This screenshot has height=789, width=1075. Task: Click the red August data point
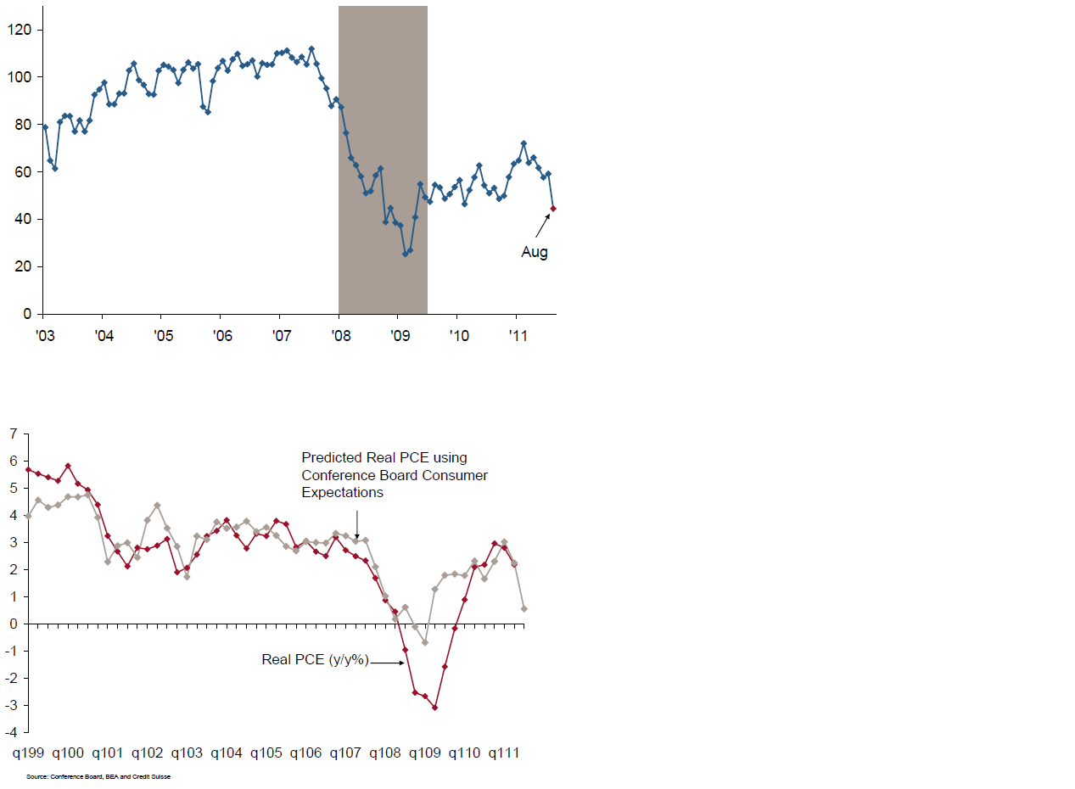[553, 208]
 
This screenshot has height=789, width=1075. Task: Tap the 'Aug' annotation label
[535, 252]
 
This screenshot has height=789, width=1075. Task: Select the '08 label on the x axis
[340, 336]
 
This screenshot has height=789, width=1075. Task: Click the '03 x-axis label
[44, 336]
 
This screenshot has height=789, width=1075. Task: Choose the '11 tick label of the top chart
[518, 336]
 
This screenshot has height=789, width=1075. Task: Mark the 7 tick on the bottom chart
[13, 434]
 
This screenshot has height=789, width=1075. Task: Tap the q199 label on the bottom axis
[29, 753]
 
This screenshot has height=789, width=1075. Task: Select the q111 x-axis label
[504, 753]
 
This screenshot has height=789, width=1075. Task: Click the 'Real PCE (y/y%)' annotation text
[315, 659]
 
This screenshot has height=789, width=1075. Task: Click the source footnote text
[98, 776]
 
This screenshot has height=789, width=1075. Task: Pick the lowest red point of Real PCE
[434, 707]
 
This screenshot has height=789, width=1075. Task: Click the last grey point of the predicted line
[524, 608]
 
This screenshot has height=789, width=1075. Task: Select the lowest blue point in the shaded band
[405, 254]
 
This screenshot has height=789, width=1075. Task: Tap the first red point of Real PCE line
[28, 469]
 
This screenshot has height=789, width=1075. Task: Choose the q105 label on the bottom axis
[266, 753]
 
